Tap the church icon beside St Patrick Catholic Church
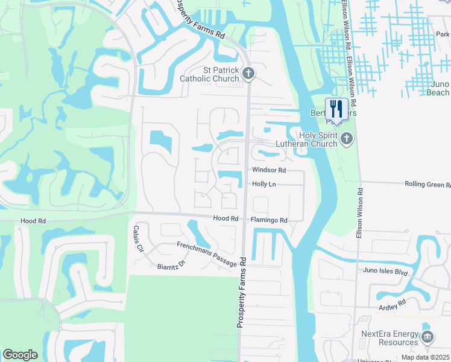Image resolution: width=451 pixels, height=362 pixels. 249,74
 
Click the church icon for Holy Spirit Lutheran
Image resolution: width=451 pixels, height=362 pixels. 346,139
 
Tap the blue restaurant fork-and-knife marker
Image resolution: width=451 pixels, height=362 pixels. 336,109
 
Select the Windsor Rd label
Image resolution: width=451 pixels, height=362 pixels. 269,171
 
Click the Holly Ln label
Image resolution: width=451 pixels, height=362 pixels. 263,184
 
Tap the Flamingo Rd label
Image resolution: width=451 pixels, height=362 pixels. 269,220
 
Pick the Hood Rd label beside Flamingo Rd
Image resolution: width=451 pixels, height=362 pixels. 226,218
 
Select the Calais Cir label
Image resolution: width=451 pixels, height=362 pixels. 139,239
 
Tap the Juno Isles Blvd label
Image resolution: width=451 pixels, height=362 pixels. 385,271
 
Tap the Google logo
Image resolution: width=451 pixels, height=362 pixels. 20,355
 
